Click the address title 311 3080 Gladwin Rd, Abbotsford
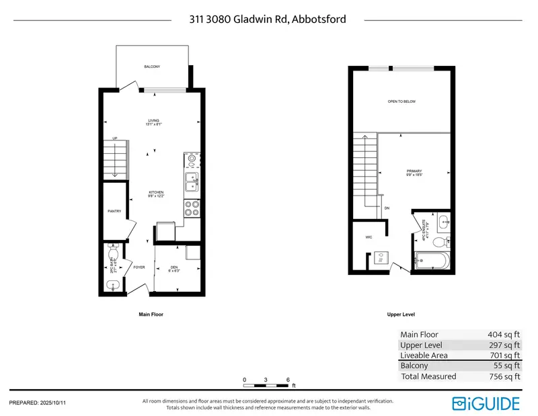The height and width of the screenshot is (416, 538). pyautogui.click(x=268, y=19)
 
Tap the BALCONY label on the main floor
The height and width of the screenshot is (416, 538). pyautogui.click(x=152, y=67)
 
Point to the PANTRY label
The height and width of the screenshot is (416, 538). pyautogui.click(x=114, y=211)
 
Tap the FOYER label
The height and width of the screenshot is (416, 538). pyautogui.click(x=139, y=267)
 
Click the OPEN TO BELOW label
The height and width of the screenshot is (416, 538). pyautogui.click(x=401, y=101)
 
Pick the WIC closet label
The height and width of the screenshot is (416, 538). pyautogui.click(x=369, y=237)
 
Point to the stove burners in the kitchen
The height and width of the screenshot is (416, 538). pyautogui.click(x=191, y=208)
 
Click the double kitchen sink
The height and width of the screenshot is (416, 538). pyautogui.click(x=192, y=182)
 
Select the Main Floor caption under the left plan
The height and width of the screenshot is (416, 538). pyautogui.click(x=151, y=315)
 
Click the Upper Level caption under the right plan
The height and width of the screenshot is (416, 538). pyautogui.click(x=401, y=315)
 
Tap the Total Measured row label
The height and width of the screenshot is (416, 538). pyautogui.click(x=428, y=376)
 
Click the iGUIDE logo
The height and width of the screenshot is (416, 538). pyautogui.click(x=486, y=403)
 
